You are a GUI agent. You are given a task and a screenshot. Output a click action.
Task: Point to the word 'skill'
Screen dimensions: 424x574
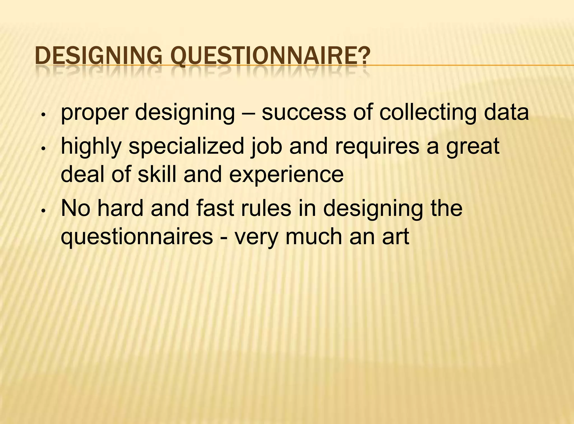coord(157,174)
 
